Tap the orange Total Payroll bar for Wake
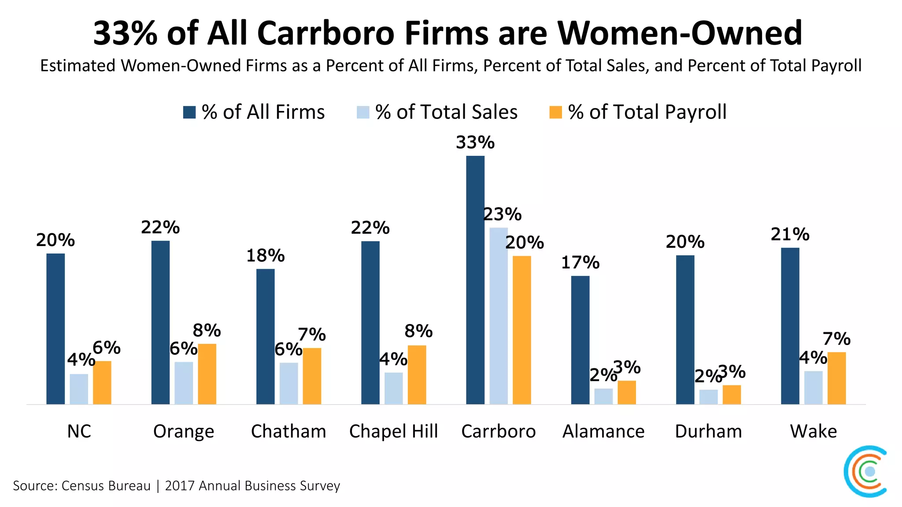pyautogui.click(x=836, y=378)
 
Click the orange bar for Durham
pyautogui.click(x=732, y=395)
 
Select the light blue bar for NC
pyautogui.click(x=79, y=389)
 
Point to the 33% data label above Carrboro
pyautogui.click(x=475, y=143)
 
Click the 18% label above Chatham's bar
pyautogui.click(x=265, y=256)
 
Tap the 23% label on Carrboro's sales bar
pyautogui.click(x=503, y=215)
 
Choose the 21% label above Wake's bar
pyautogui.click(x=790, y=235)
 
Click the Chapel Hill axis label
pyautogui.click(x=393, y=431)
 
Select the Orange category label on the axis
pyautogui.click(x=184, y=431)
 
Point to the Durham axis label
pyautogui.click(x=708, y=431)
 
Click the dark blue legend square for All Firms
pyautogui.click(x=189, y=112)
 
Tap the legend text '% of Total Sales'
pyautogui.click(x=446, y=112)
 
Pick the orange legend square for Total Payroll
pyautogui.click(x=556, y=112)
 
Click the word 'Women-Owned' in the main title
pyautogui.click(x=680, y=33)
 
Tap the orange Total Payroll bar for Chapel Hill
pyautogui.click(x=417, y=375)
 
